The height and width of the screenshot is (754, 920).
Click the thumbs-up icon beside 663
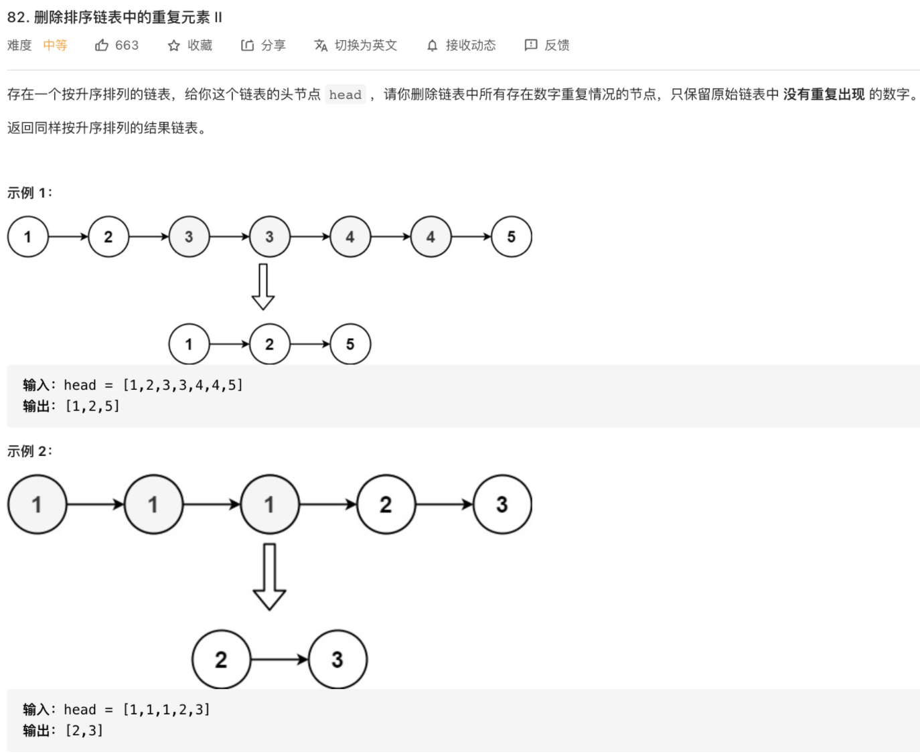(102, 46)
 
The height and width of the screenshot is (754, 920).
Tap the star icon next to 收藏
(174, 46)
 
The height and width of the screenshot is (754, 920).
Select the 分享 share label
(273, 46)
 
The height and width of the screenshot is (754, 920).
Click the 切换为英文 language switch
(366, 46)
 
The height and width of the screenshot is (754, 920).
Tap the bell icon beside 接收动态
(433, 46)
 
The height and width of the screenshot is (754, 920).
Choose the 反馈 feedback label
(556, 46)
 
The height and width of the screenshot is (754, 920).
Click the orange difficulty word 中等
(55, 46)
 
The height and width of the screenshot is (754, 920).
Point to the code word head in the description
(345, 95)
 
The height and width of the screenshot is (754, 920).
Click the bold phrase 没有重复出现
(824, 94)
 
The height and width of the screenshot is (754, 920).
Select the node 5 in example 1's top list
(511, 237)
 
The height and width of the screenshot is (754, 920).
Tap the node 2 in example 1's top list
(108, 237)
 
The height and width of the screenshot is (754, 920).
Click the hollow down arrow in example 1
(263, 287)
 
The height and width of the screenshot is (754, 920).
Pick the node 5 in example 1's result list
(350, 344)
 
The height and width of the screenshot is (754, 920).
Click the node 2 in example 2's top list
(386, 504)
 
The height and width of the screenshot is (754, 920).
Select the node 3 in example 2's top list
(502, 504)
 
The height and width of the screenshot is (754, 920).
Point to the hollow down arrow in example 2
(269, 577)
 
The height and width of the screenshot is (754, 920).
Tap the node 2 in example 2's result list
(221, 660)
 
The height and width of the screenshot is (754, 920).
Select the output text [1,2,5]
(92, 406)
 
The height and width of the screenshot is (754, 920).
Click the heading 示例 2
(29, 451)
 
